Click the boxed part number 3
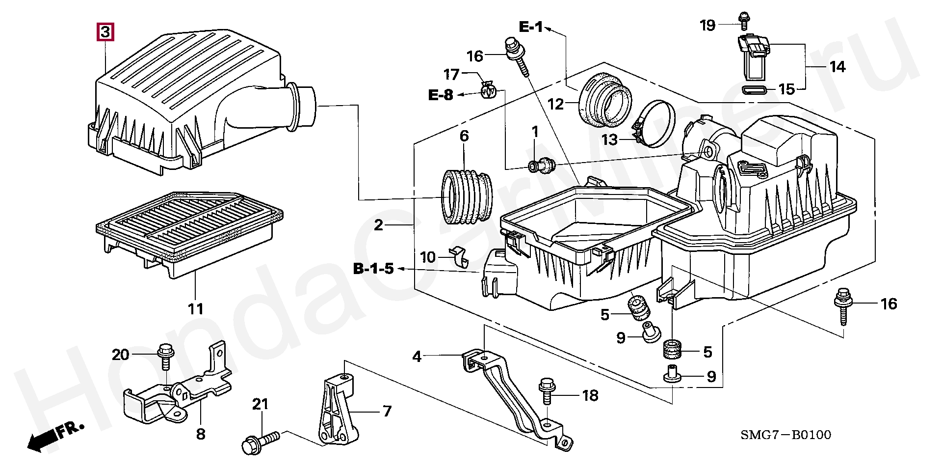tap(105, 32)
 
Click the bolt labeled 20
tap(164, 357)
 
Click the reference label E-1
tap(531, 27)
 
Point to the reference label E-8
tap(441, 95)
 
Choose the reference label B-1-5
tap(373, 269)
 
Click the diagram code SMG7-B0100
tap(785, 435)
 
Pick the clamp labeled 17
tap(489, 90)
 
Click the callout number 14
tap(837, 66)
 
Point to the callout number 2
tap(378, 225)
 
